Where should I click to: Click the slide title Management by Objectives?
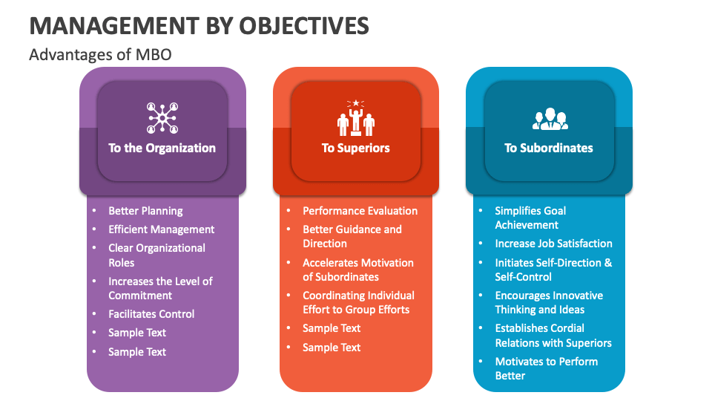(x=199, y=25)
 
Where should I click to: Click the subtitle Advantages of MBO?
(x=100, y=55)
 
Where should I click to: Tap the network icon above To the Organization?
(x=162, y=117)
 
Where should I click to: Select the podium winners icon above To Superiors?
(x=356, y=117)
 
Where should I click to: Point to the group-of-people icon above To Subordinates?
(x=550, y=118)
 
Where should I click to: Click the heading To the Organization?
(x=162, y=148)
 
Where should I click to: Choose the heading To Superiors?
(x=355, y=148)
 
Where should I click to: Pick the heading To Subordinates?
(x=549, y=148)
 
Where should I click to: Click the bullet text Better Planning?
(x=145, y=211)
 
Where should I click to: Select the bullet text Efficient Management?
(x=161, y=229)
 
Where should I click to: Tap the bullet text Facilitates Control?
(x=151, y=314)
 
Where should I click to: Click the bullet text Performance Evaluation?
(x=360, y=211)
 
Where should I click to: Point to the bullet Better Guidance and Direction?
(x=352, y=236)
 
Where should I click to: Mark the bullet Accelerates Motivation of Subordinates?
(x=357, y=270)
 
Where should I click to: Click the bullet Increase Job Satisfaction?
(x=553, y=244)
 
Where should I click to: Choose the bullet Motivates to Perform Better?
(x=546, y=368)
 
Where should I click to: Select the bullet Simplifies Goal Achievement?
(x=530, y=218)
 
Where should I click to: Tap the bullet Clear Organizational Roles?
(x=156, y=255)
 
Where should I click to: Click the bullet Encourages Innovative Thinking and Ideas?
(x=549, y=302)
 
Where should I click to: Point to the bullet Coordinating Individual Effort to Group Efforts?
(x=358, y=302)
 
